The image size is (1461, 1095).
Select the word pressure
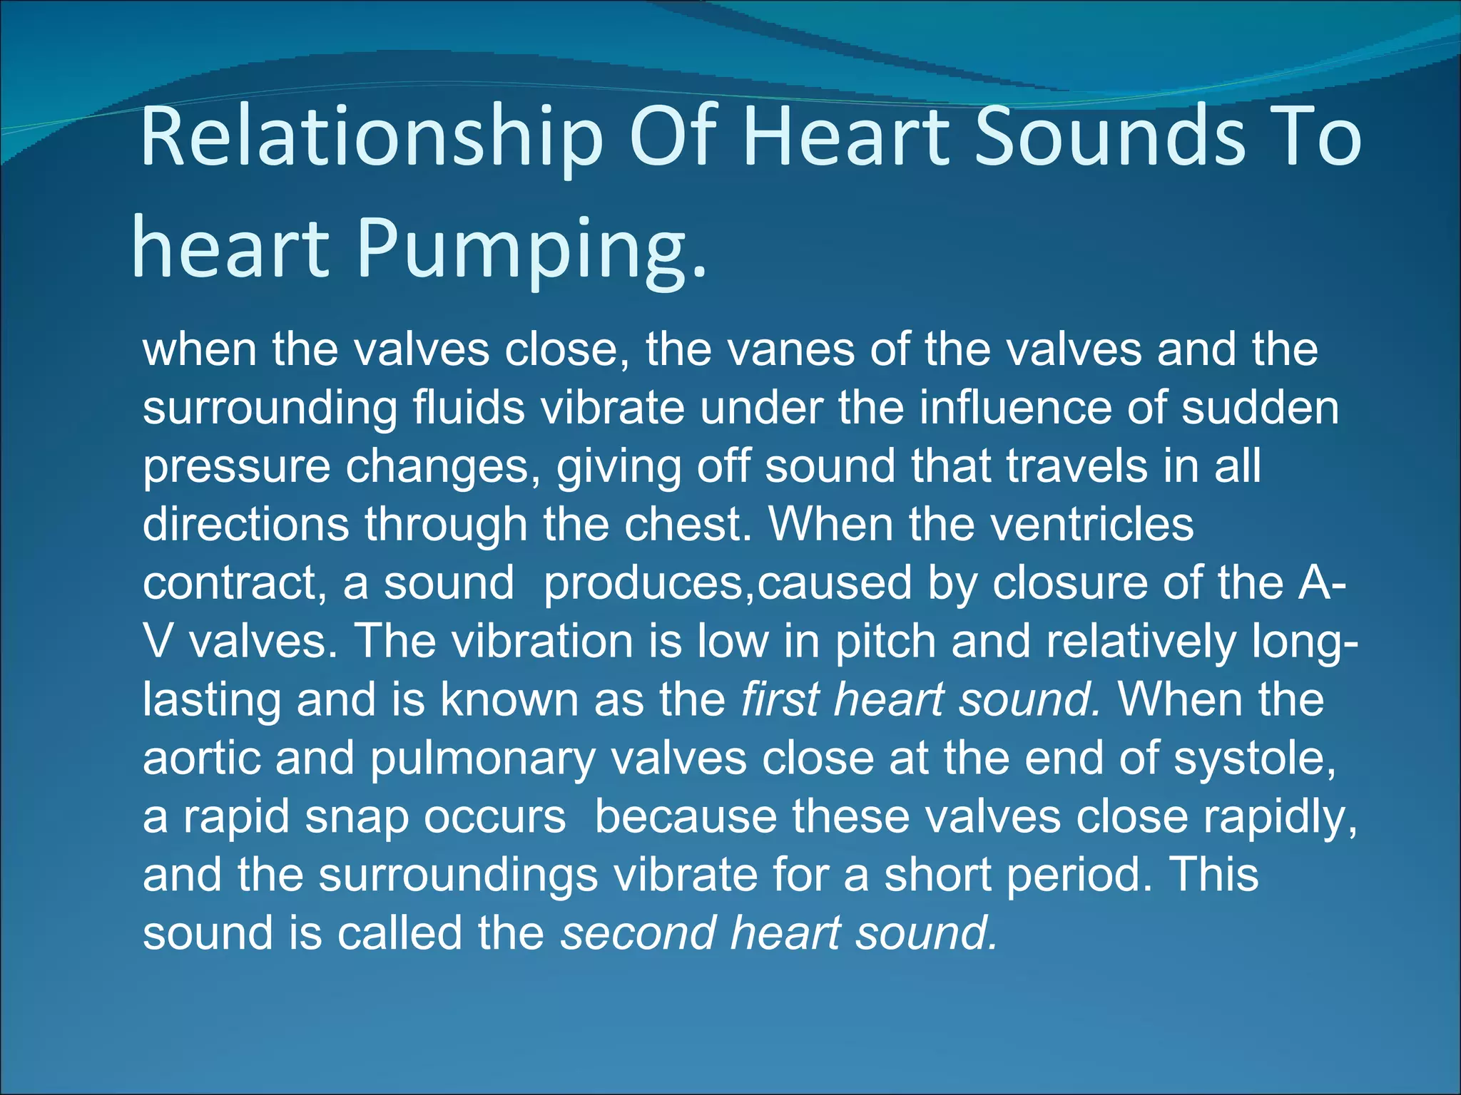[236, 467]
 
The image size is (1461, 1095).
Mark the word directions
[246, 525]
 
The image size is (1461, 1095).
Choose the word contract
[228, 583]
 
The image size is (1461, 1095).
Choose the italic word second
[638, 933]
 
